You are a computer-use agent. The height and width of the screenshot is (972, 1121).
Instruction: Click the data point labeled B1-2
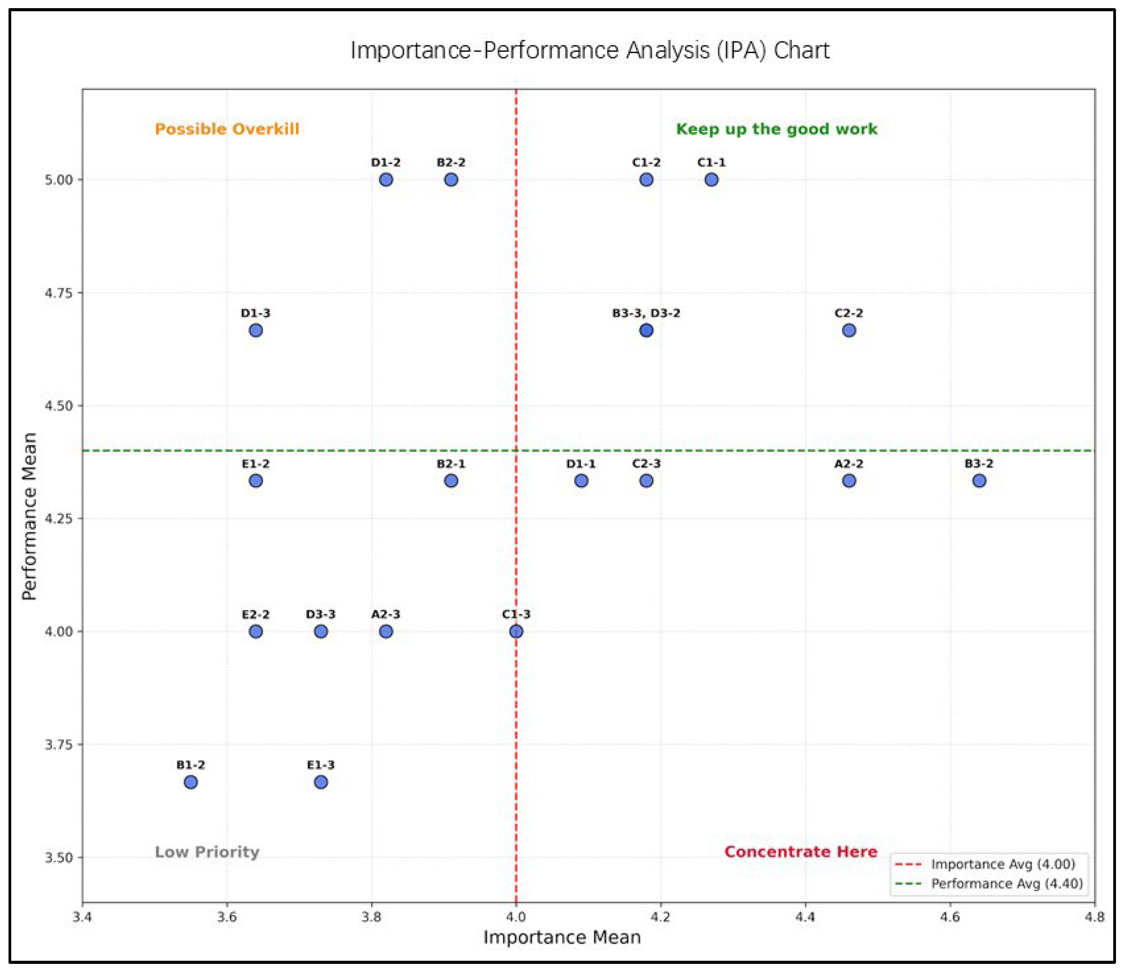[191, 782]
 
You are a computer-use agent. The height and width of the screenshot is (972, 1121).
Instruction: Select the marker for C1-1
[711, 180]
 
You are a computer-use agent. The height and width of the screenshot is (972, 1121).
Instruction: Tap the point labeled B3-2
[979, 481]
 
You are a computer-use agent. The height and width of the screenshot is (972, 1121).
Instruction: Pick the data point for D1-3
[256, 330]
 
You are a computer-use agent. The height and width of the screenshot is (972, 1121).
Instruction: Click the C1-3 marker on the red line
[516, 631]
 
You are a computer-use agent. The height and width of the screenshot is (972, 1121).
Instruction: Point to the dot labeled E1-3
[321, 782]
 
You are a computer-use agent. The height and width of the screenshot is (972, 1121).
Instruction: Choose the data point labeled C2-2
[849, 330]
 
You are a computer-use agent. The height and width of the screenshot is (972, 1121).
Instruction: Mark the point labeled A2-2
[849, 481]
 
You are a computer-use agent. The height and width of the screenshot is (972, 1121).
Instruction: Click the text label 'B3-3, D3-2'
[645, 313]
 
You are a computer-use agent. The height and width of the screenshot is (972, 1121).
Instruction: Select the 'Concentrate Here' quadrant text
[800, 852]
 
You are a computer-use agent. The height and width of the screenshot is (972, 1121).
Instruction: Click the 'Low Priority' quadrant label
[207, 852]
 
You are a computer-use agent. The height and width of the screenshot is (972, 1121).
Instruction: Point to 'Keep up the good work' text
[776, 129]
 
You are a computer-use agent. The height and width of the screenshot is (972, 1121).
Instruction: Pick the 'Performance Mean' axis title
[29, 516]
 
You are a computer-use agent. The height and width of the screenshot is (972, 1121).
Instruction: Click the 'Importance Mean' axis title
[562, 937]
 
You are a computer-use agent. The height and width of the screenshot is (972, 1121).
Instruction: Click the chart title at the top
[589, 50]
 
